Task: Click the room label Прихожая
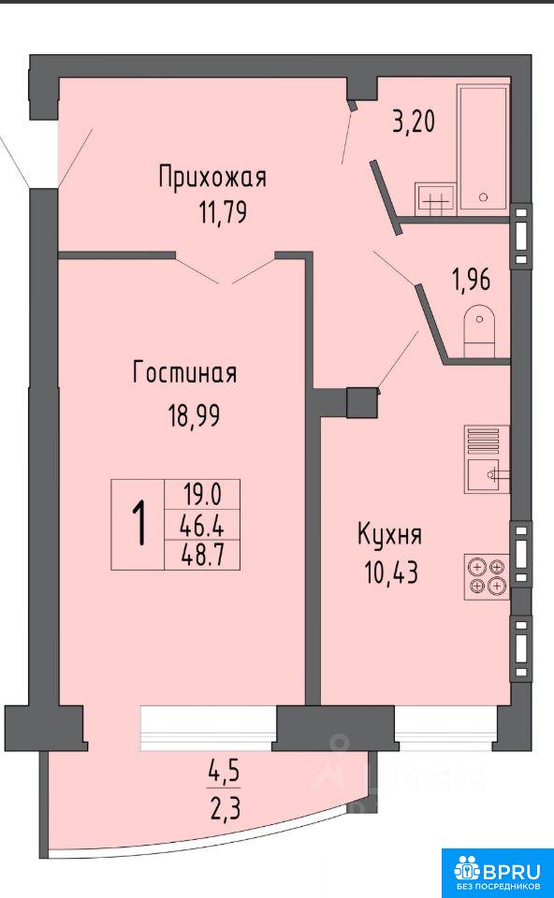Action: pos(212,178)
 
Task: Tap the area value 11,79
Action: pos(223,212)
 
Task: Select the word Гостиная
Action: pos(184,373)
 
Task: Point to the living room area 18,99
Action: pos(195,414)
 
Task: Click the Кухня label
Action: pos(390,535)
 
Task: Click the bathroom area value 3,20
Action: pos(414,122)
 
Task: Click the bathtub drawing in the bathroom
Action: pos(483,150)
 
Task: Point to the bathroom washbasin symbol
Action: pos(435,199)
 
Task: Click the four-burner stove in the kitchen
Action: pos(487,577)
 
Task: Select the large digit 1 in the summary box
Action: pos(138,524)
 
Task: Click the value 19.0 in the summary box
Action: pos(201,494)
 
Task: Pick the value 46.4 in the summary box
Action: pos(201,524)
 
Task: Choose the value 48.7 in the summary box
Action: pos(201,554)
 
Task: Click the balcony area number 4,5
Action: pos(224,774)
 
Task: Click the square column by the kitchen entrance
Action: pos(362,402)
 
